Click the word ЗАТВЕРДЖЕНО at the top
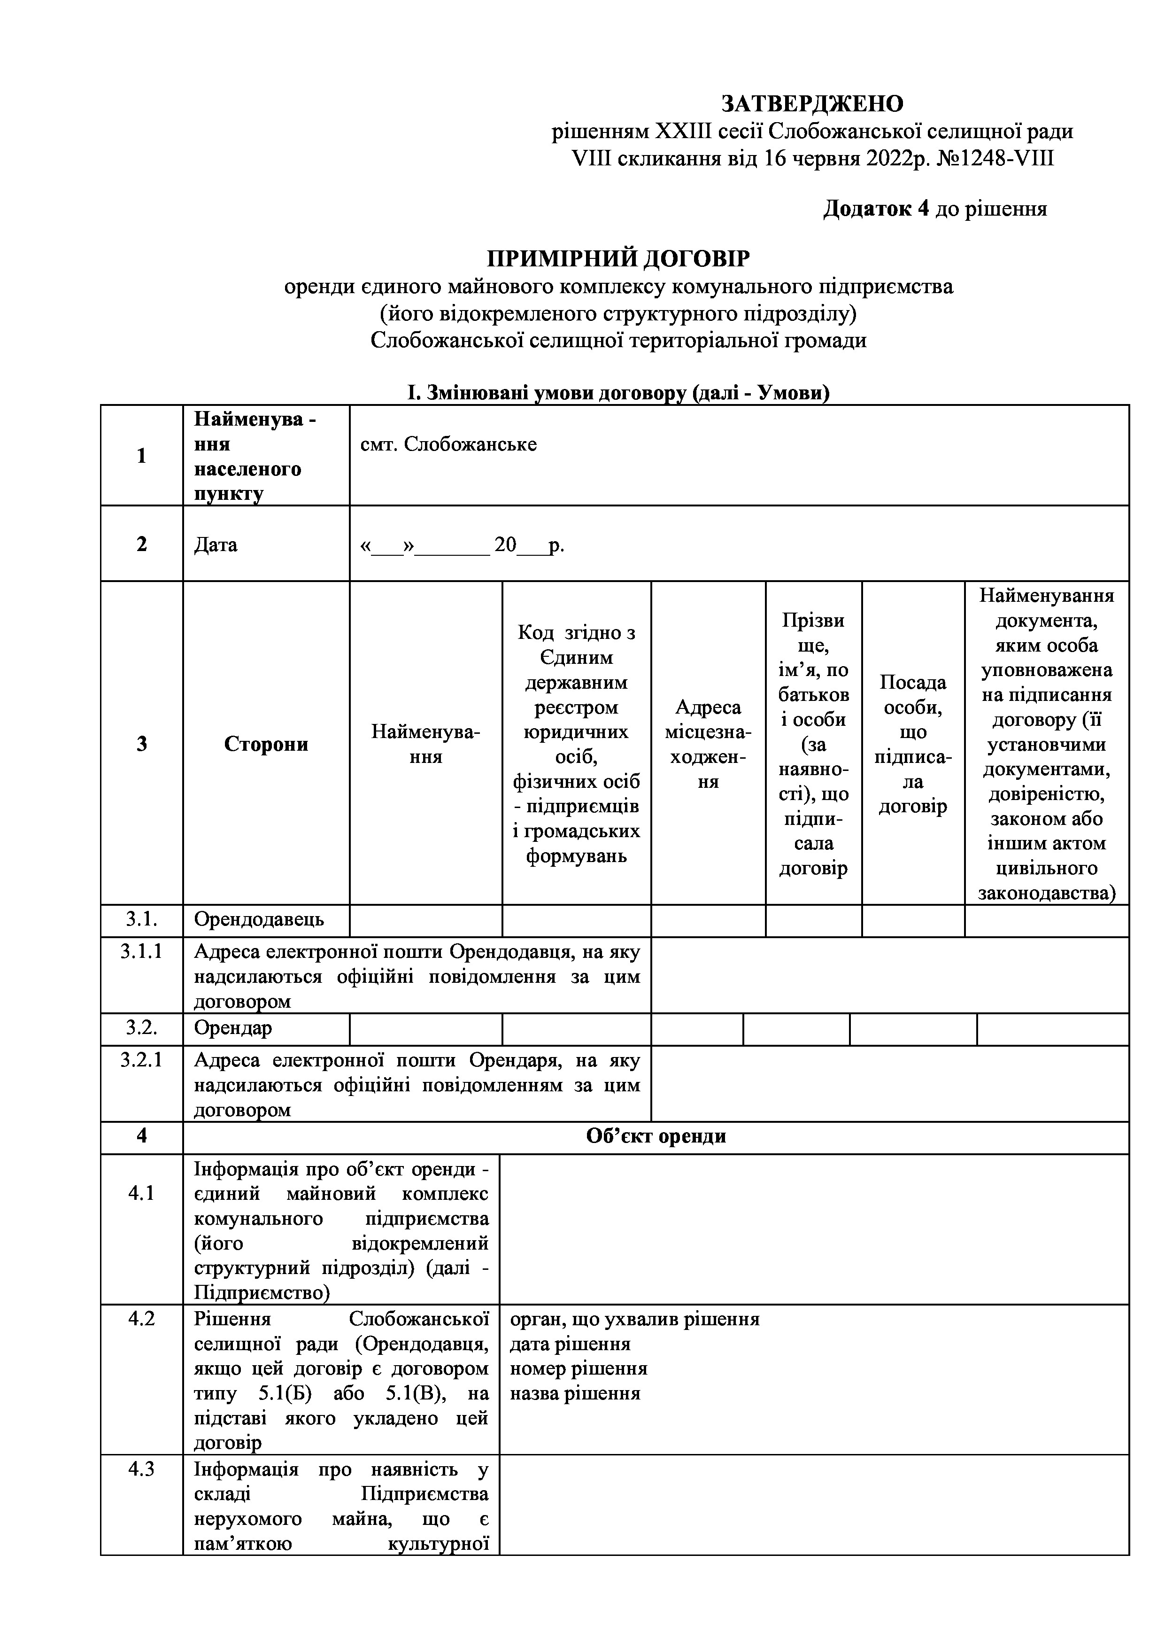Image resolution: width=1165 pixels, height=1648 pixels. tap(812, 104)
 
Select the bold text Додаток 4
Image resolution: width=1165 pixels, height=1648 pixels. tap(876, 209)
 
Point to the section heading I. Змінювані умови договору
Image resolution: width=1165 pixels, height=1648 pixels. tap(618, 393)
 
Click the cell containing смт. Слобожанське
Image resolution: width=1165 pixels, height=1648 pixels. tap(448, 445)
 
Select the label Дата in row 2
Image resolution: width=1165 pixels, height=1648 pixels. tap(215, 545)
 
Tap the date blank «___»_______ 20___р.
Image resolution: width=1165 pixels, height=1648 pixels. tap(462, 545)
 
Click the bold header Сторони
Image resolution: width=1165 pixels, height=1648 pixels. tap(266, 744)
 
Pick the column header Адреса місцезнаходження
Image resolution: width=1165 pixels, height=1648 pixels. tap(708, 744)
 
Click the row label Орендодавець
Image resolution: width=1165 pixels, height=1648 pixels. tap(259, 919)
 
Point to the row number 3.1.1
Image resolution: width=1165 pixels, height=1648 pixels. tap(141, 952)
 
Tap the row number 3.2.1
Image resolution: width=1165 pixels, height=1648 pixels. tap(141, 1060)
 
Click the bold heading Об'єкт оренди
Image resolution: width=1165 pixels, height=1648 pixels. tap(656, 1136)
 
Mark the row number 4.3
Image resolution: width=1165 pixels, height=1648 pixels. tap(141, 1469)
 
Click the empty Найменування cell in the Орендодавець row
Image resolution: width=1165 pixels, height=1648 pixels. tap(425, 920)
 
